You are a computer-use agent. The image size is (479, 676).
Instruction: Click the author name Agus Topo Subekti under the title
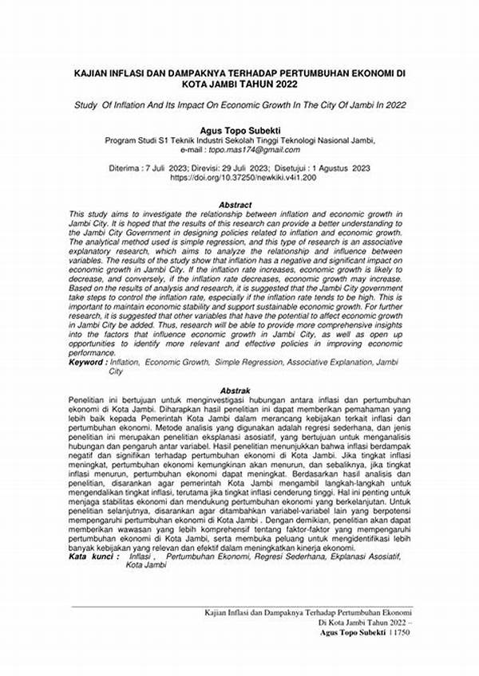(239, 128)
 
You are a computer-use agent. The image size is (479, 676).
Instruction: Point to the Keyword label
(87, 363)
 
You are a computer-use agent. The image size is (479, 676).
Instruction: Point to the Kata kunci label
(90, 556)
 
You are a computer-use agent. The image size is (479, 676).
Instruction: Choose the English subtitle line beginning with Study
(239, 103)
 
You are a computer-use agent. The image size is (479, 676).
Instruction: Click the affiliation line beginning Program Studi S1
(239, 139)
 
